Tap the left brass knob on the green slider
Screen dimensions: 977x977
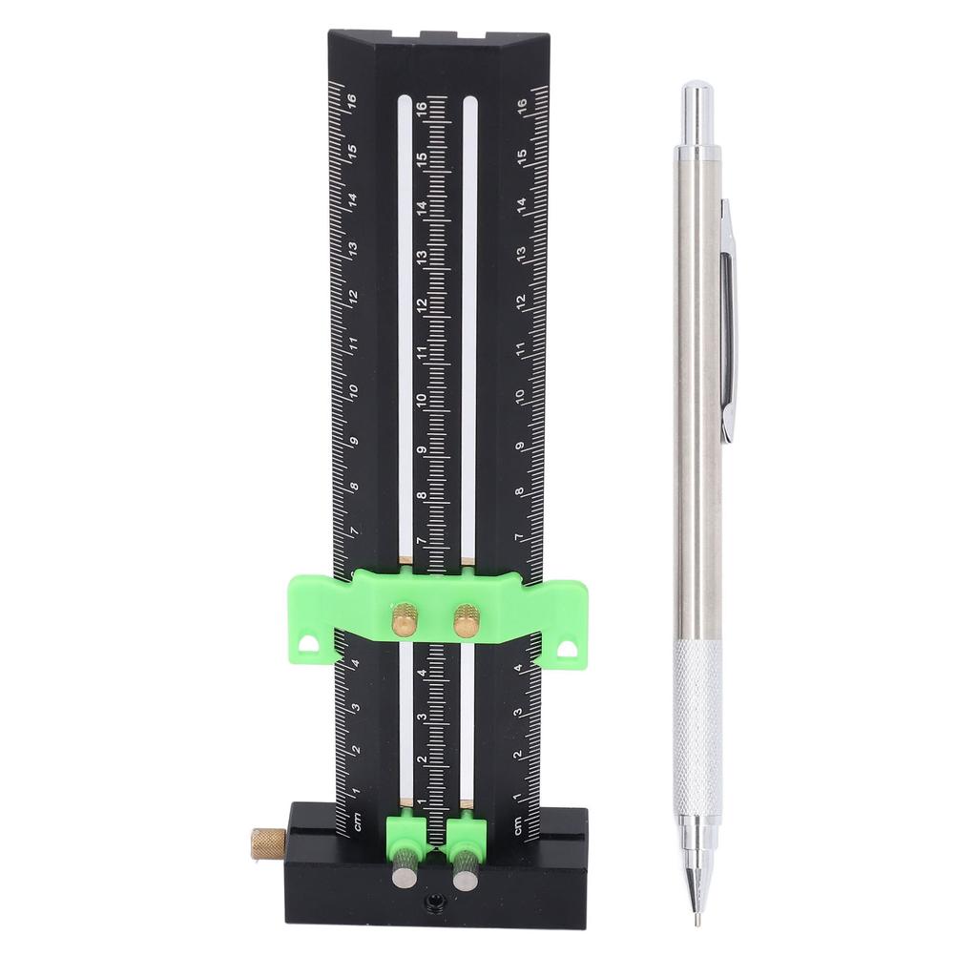coord(405,619)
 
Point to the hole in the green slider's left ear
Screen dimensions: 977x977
coord(310,645)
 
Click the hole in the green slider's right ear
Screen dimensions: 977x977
coord(568,648)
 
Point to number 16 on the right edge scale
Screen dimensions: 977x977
coord(522,105)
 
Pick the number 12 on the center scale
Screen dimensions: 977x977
coord(421,305)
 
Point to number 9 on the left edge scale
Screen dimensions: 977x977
coord(354,442)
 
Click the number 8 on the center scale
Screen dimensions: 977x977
coord(422,495)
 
